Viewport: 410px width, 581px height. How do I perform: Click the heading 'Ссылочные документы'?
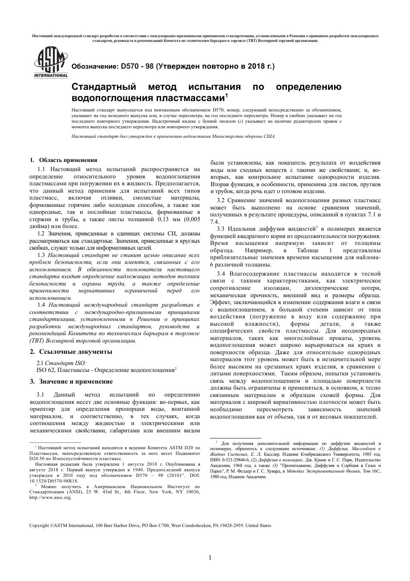click(x=76, y=352)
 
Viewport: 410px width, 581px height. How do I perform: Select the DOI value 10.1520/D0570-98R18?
click(x=54, y=480)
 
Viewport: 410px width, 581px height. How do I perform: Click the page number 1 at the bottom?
click(x=210, y=558)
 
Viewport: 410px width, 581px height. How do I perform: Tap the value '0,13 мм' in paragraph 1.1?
click(x=173, y=219)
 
